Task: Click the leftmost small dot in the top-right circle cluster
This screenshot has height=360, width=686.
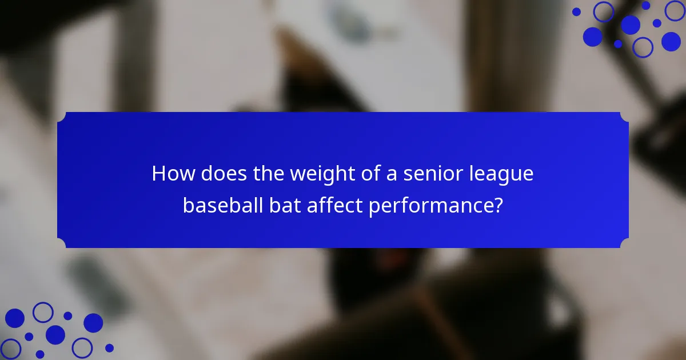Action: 576,11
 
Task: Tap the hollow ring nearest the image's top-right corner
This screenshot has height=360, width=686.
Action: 675,10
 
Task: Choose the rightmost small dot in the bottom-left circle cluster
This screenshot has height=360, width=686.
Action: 109,347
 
